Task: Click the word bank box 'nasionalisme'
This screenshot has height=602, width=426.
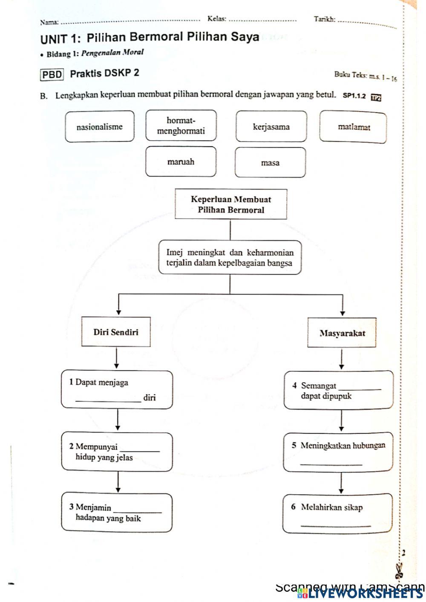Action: point(100,127)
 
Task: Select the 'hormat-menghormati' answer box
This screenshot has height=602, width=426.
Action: point(181,126)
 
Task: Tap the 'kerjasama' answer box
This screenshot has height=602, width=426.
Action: point(271,127)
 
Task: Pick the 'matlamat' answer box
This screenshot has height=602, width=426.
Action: point(354,127)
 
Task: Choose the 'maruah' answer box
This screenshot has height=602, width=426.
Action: point(181,162)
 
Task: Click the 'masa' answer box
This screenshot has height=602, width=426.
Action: point(270,163)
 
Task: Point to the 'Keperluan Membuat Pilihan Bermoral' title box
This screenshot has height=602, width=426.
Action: point(230,205)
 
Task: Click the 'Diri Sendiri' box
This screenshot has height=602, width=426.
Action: point(116,332)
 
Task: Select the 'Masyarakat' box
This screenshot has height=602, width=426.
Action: point(342,333)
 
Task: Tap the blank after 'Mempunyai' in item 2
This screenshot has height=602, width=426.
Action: point(140,449)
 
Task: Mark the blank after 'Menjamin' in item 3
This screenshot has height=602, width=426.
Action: point(138,510)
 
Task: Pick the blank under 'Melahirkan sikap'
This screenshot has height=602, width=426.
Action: point(335,525)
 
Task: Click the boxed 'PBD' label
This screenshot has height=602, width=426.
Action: point(52,75)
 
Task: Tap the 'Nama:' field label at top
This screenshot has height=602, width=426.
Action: point(49,22)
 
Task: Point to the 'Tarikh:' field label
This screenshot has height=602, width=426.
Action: point(325,19)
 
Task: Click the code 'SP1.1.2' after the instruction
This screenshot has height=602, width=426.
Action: point(354,96)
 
